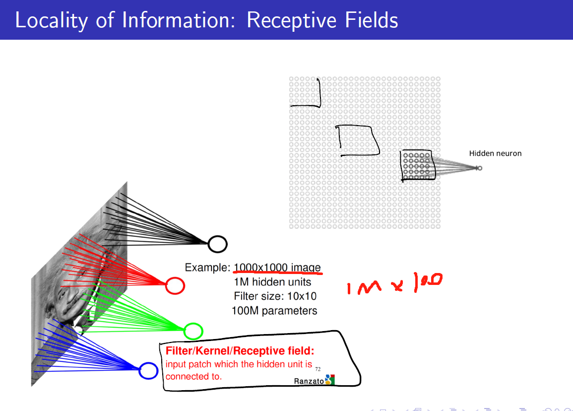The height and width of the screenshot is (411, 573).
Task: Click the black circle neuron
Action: point(217,244)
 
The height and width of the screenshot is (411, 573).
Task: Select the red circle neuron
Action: point(175,285)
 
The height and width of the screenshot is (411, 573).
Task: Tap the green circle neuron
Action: point(193,331)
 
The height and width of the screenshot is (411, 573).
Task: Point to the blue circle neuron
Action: point(148,371)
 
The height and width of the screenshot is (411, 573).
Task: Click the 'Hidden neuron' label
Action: point(495,153)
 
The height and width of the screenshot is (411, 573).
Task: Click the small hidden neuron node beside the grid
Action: point(479,168)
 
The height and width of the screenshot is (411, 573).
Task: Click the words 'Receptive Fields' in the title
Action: point(322,20)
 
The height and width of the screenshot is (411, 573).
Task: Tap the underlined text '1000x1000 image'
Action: point(277,268)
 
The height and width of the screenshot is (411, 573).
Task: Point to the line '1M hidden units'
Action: point(272,282)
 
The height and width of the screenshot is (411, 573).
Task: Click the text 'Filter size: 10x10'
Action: point(275,296)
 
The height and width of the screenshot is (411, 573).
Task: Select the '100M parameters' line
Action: point(274,311)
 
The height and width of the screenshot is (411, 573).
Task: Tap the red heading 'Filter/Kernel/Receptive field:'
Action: point(240,351)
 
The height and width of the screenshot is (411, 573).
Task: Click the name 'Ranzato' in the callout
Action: point(309,381)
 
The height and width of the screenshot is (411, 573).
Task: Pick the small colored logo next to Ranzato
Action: point(330,380)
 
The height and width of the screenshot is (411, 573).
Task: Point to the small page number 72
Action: point(318,369)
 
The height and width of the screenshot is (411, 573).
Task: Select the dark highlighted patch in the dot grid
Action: point(417,166)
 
